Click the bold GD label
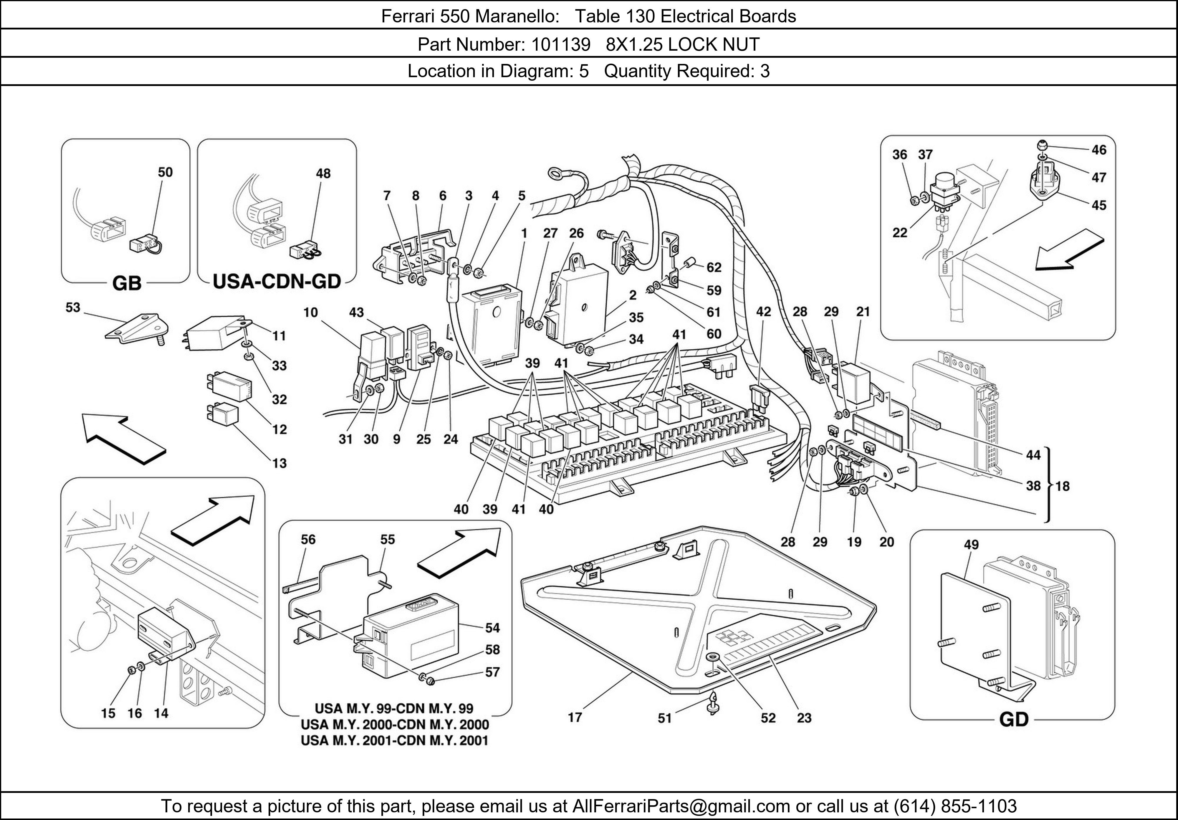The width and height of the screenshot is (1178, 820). click(x=1014, y=720)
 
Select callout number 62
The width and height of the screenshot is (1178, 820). click(x=714, y=267)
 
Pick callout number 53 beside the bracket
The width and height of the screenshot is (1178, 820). click(x=73, y=307)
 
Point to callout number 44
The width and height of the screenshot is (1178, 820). click(x=1033, y=455)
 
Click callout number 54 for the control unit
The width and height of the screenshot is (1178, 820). click(x=492, y=628)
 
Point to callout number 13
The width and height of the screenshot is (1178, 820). click(x=279, y=463)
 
